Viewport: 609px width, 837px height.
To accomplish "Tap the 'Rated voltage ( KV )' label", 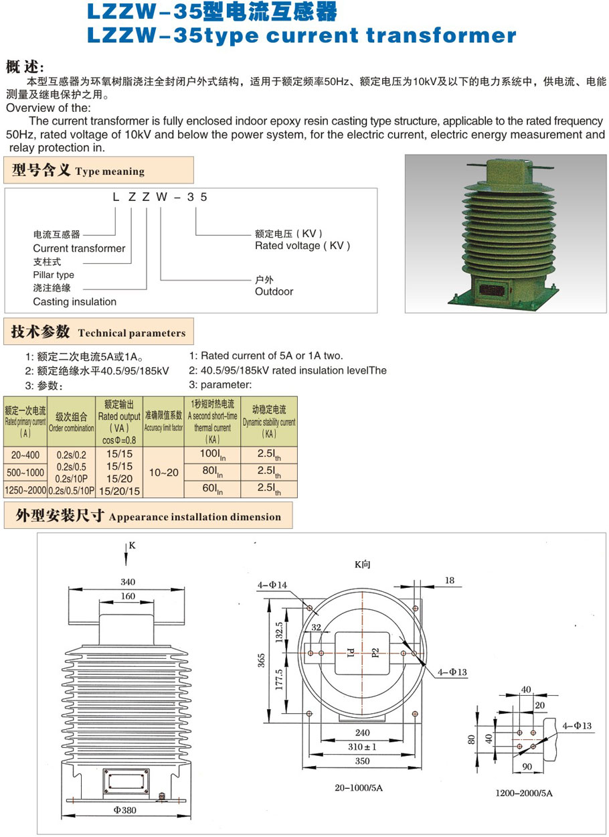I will coord(302,246).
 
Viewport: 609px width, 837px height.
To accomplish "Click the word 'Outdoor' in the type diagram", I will coord(274,291).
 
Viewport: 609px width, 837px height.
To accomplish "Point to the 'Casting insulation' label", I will coord(74,301).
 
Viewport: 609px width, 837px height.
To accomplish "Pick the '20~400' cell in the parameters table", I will coord(25,455).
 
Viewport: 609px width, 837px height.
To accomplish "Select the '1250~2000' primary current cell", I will coord(25,491).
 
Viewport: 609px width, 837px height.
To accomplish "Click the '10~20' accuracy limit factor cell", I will coord(163,472).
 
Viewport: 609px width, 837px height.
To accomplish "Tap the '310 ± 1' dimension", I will coord(362,747).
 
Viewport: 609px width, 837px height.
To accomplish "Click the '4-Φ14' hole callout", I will coord(272,585).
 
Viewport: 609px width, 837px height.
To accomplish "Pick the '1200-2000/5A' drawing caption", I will coord(523,793).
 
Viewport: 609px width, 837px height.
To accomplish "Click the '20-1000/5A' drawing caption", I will coord(359,787).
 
